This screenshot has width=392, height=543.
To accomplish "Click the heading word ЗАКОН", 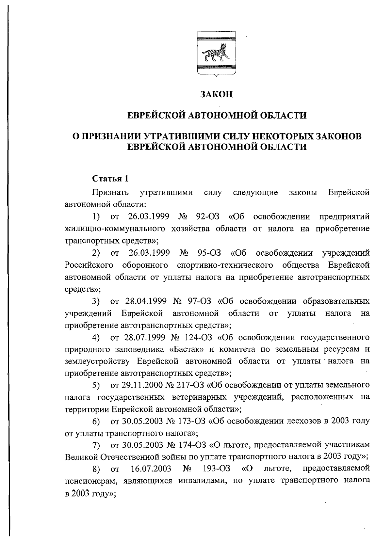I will [217, 94].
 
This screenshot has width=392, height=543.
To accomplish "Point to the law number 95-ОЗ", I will [209, 253].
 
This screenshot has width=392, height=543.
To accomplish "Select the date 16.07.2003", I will [151, 469].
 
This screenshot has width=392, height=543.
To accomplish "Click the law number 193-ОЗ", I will [217, 469].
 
